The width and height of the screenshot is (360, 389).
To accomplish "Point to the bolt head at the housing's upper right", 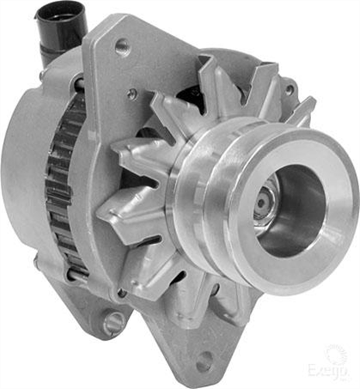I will (x=289, y=89).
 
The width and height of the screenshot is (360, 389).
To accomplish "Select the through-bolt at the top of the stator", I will (x=78, y=82).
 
